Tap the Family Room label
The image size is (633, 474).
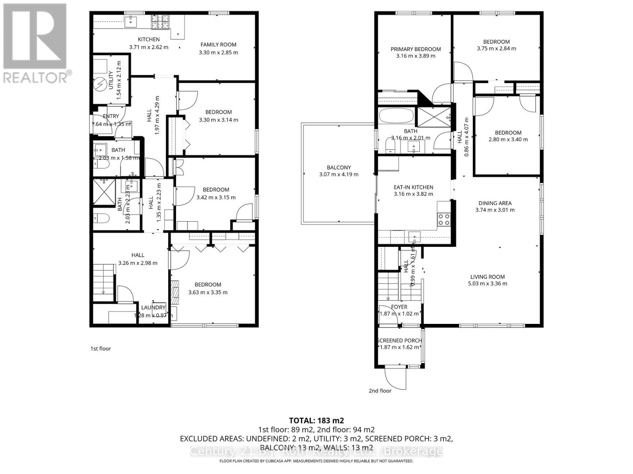[218, 45]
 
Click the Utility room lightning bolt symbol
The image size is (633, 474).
[100, 84]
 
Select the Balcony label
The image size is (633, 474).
[339, 167]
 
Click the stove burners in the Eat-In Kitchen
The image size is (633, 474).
[444, 219]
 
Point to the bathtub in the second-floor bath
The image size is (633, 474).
[396, 116]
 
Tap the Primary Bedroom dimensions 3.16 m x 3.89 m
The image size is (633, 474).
[415, 56]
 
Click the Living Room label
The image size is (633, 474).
[487, 277]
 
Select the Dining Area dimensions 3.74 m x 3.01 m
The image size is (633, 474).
[495, 210]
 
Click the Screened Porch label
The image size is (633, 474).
[400, 340]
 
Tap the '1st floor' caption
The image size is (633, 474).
[100, 348]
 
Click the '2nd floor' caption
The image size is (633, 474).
[380, 391]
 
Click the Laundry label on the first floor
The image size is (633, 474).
[154, 307]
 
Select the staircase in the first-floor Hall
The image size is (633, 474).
[104, 279]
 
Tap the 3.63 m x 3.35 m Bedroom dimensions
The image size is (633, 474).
[208, 292]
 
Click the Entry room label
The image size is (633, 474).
[111, 116]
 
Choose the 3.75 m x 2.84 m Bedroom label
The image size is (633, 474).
[496, 41]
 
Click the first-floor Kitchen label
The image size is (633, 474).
[149, 39]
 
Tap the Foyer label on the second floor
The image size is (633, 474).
[399, 307]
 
